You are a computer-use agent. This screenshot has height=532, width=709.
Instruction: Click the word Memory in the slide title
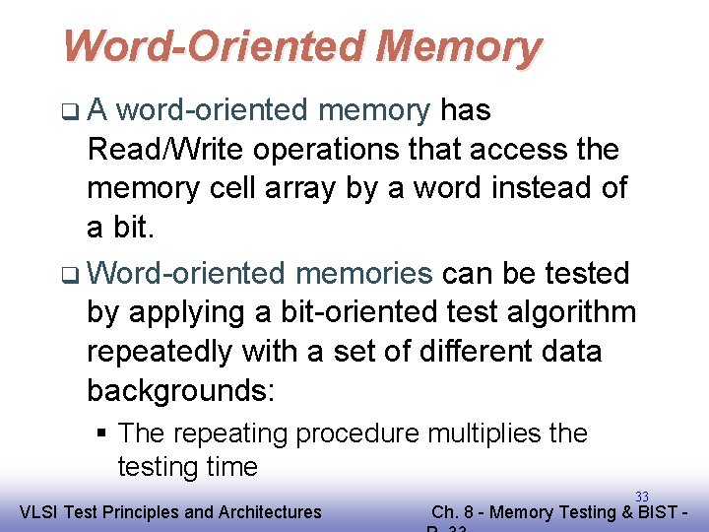[458, 46]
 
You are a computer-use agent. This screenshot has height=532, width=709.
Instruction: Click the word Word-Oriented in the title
[213, 46]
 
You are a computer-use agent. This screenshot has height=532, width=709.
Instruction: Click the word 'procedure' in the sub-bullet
[352, 433]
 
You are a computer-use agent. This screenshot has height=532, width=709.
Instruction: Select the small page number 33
[641, 497]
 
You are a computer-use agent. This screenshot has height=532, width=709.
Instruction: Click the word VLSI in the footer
[37, 511]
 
